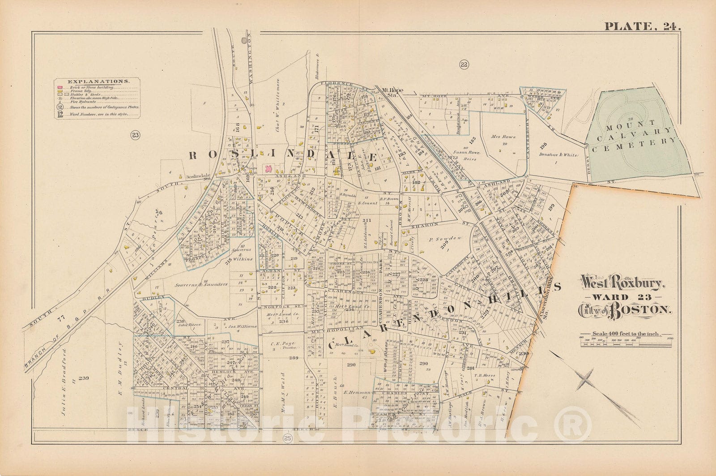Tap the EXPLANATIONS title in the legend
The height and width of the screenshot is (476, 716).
point(98,81)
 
